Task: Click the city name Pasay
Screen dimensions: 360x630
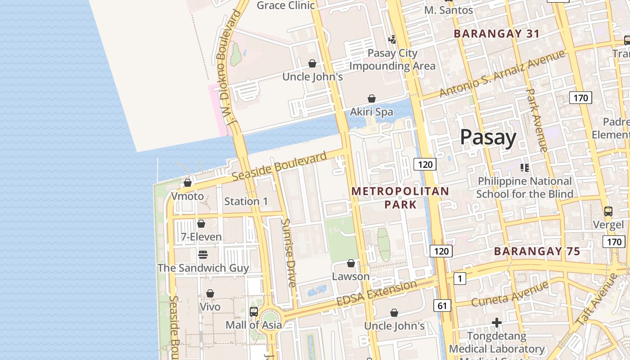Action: (x=488, y=137)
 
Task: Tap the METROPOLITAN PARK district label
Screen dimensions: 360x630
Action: (x=400, y=198)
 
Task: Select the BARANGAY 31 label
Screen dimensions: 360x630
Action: (x=496, y=34)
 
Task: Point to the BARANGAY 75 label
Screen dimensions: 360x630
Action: (x=537, y=252)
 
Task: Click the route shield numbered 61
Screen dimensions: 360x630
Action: (x=442, y=306)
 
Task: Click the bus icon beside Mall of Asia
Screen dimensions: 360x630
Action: (x=254, y=311)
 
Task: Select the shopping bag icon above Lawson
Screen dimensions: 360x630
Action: (x=351, y=263)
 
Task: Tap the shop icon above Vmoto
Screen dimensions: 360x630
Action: (x=188, y=183)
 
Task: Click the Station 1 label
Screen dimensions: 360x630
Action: (x=246, y=201)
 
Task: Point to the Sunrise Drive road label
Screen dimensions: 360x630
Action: (x=289, y=252)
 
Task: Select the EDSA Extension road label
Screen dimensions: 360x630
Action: (x=377, y=293)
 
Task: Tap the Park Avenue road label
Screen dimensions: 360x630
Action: (x=536, y=120)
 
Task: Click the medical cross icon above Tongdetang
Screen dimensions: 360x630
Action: (x=497, y=323)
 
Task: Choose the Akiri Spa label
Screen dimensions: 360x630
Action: (x=372, y=112)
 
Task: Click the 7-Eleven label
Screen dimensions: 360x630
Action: (x=201, y=237)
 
